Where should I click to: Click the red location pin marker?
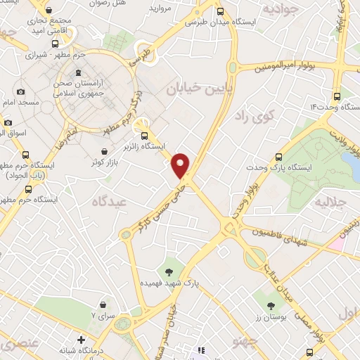pos(181,164)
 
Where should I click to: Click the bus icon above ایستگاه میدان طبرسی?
pos(221,11)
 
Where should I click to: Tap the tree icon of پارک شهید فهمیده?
pos(168,271)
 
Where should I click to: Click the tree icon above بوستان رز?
pos(271,305)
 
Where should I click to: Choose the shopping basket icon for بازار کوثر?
pos(105,151)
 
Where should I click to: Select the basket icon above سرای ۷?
pos(104,304)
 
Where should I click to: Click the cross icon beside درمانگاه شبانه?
pos(82,340)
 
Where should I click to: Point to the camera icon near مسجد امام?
pos(20,91)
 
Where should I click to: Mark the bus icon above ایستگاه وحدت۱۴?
pos(337,96)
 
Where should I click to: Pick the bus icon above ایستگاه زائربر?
pos(145,136)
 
